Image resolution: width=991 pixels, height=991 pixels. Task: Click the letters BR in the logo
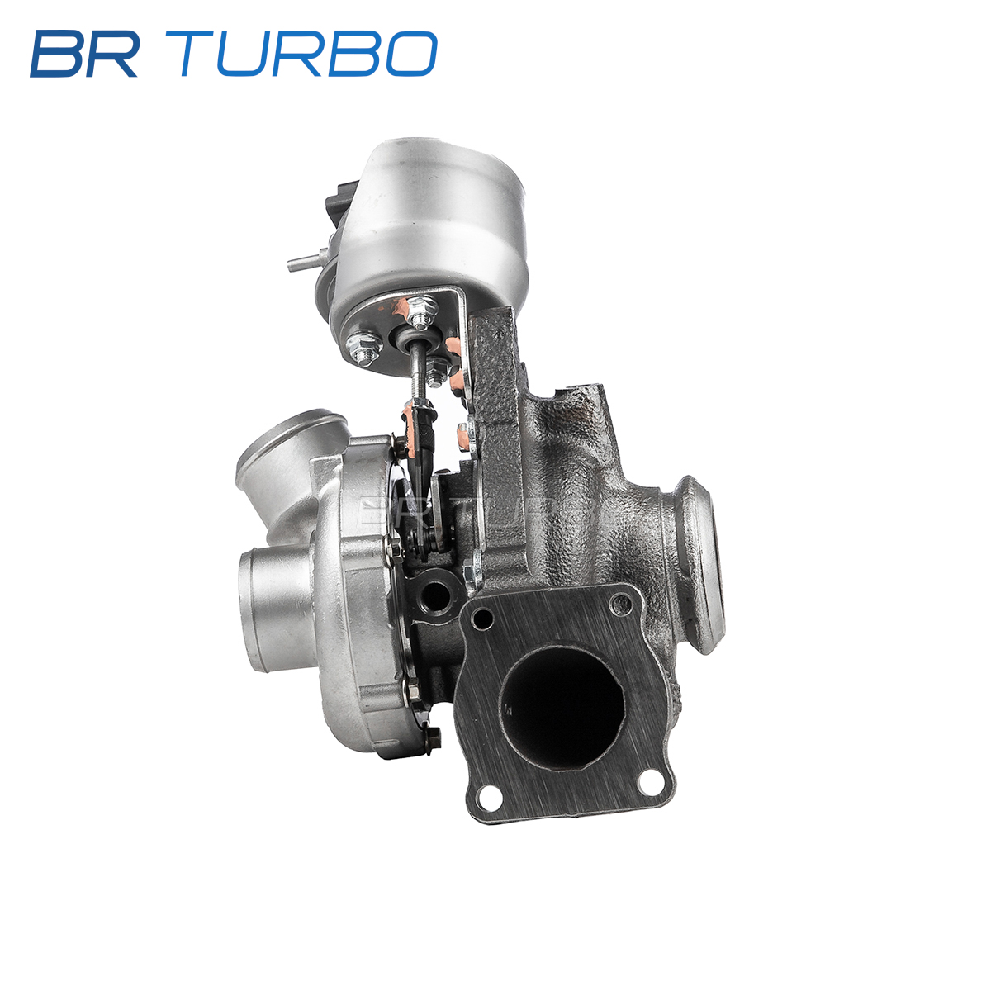point(85,54)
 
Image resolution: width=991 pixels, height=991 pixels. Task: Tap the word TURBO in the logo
point(308,54)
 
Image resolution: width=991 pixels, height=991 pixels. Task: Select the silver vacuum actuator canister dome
point(427,226)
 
